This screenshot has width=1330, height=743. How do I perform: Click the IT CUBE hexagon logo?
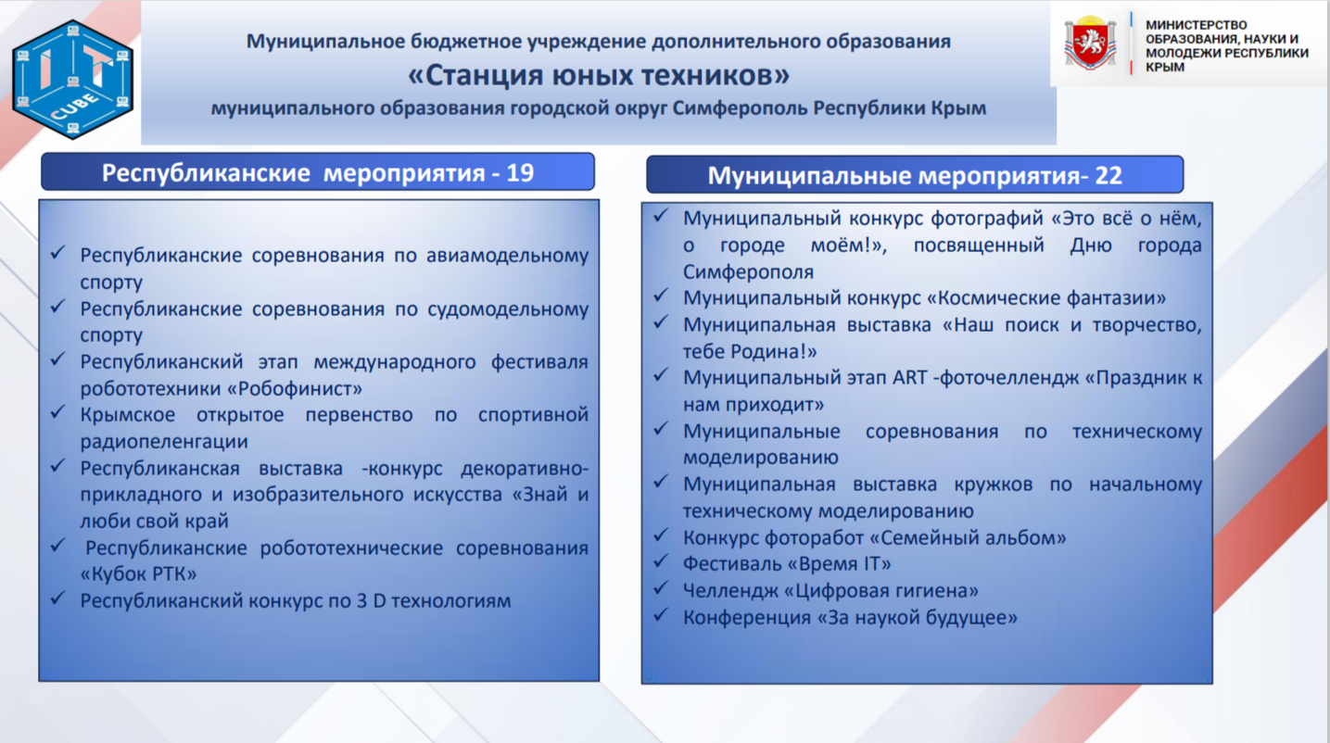(72, 80)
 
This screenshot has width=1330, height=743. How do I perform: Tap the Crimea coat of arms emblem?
(1090, 43)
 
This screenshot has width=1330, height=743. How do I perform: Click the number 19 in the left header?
(520, 172)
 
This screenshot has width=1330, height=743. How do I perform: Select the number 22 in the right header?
(1108, 176)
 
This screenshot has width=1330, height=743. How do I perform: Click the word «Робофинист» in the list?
(295, 389)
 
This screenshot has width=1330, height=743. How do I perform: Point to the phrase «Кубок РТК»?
(138, 573)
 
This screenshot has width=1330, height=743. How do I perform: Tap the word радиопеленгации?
(164, 442)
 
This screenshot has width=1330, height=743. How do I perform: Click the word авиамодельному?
(507, 256)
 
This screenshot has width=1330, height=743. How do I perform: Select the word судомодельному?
(508, 309)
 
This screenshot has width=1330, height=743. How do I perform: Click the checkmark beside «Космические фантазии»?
(661, 295)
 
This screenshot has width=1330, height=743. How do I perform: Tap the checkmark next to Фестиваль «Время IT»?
(661, 560)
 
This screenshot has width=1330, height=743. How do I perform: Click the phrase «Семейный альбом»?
(968, 537)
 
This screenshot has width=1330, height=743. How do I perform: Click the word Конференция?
(746, 618)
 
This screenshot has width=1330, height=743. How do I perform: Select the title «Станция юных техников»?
(599, 75)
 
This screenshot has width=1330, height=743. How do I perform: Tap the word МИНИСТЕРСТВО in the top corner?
(1197, 25)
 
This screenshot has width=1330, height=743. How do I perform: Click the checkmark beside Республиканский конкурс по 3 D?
(57, 598)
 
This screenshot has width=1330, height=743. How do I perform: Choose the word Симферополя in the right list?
(748, 272)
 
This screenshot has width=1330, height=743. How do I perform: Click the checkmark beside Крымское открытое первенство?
(57, 412)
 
